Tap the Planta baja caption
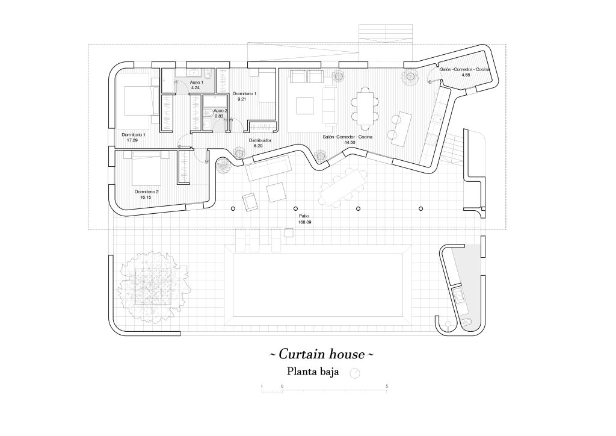tap(313, 372)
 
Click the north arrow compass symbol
tap(356, 373)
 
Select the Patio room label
tap(304, 216)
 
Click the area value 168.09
tap(305, 222)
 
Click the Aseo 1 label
tap(197, 82)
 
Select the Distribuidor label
tap(260, 140)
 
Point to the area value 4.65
tap(465, 76)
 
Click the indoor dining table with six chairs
tap(365, 107)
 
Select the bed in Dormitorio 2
tap(146, 170)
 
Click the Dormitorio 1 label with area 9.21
tap(245, 94)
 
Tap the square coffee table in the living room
tap(306, 106)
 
